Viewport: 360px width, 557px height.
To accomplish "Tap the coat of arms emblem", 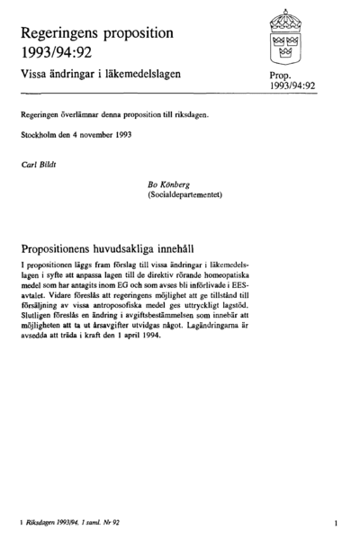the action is tap(285, 35).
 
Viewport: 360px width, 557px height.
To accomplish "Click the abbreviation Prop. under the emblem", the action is tap(282, 77).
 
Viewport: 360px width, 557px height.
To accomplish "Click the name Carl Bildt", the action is tap(37, 166).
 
